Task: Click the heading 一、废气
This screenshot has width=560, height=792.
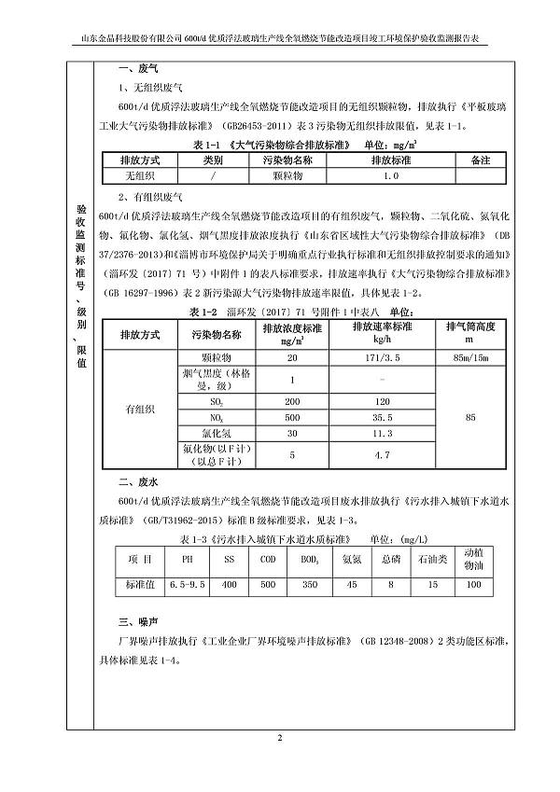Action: pyautogui.click(x=135, y=68)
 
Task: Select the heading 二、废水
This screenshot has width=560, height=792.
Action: pyautogui.click(x=135, y=483)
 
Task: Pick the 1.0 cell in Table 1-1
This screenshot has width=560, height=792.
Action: pyautogui.click(x=391, y=174)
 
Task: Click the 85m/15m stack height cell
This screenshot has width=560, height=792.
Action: pyautogui.click(x=473, y=357)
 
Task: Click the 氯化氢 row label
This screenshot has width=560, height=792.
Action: pyautogui.click(x=216, y=434)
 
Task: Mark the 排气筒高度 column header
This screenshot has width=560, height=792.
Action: pyautogui.click(x=473, y=333)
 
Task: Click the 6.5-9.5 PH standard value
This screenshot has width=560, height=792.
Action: pyautogui.click(x=189, y=584)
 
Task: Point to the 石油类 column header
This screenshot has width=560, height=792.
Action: pyautogui.click(x=431, y=560)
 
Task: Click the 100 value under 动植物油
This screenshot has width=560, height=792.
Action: pyautogui.click(x=474, y=584)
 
